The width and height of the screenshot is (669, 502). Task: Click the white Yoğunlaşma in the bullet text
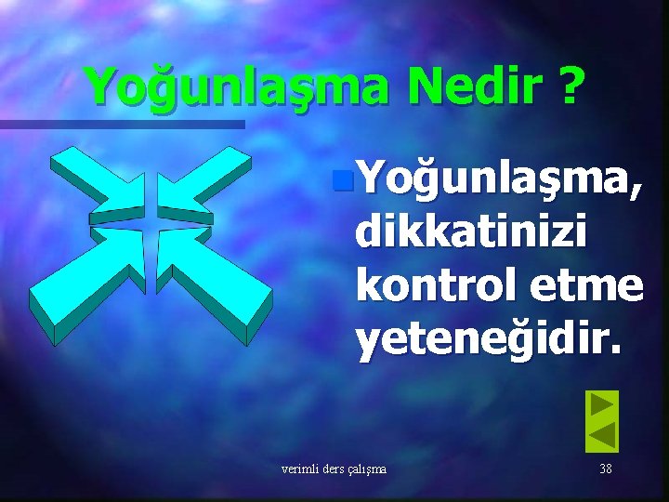coord(492,173)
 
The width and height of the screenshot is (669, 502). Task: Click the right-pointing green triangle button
coord(603,405)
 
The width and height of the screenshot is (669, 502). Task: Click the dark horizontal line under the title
coord(121,124)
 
